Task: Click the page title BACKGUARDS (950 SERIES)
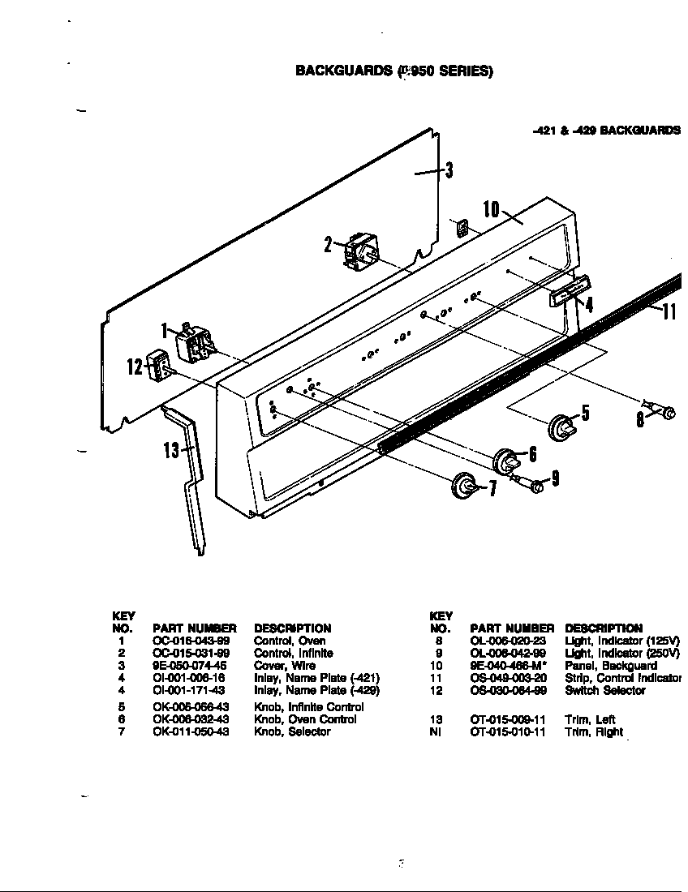click(393, 71)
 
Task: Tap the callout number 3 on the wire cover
click(448, 169)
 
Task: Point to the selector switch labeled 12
click(158, 367)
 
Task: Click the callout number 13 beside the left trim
click(171, 448)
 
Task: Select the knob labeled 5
click(561, 426)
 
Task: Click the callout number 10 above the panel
click(491, 208)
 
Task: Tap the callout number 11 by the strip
click(669, 311)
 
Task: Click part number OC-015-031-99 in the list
click(191, 653)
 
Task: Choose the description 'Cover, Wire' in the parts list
click(285, 665)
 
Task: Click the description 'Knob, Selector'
click(292, 731)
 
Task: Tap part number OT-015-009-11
click(508, 719)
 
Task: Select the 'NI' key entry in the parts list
click(434, 731)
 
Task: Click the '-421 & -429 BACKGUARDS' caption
click(605, 130)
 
